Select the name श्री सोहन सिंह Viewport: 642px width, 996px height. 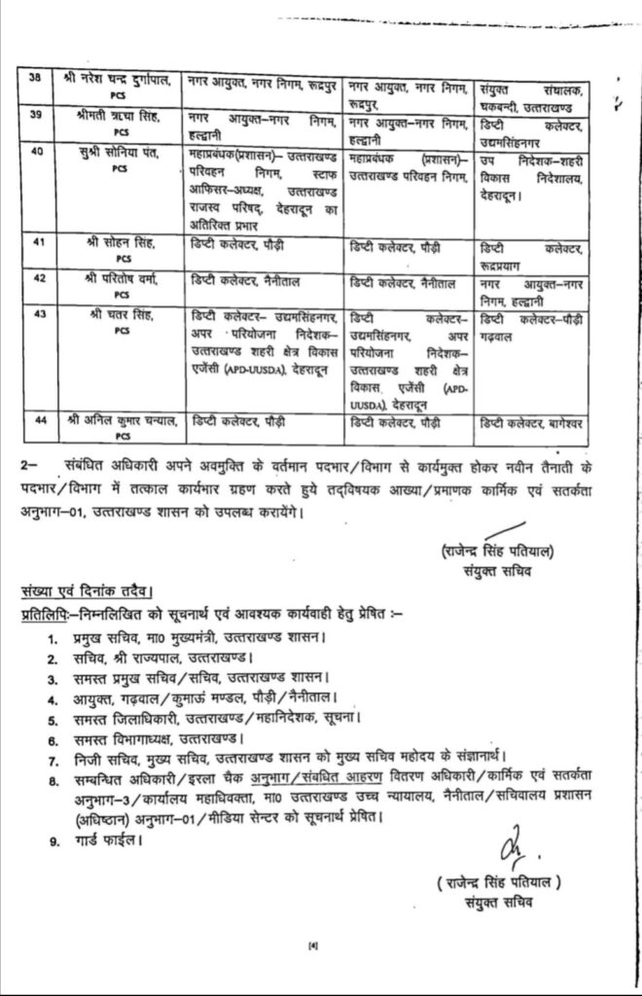click(119, 248)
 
